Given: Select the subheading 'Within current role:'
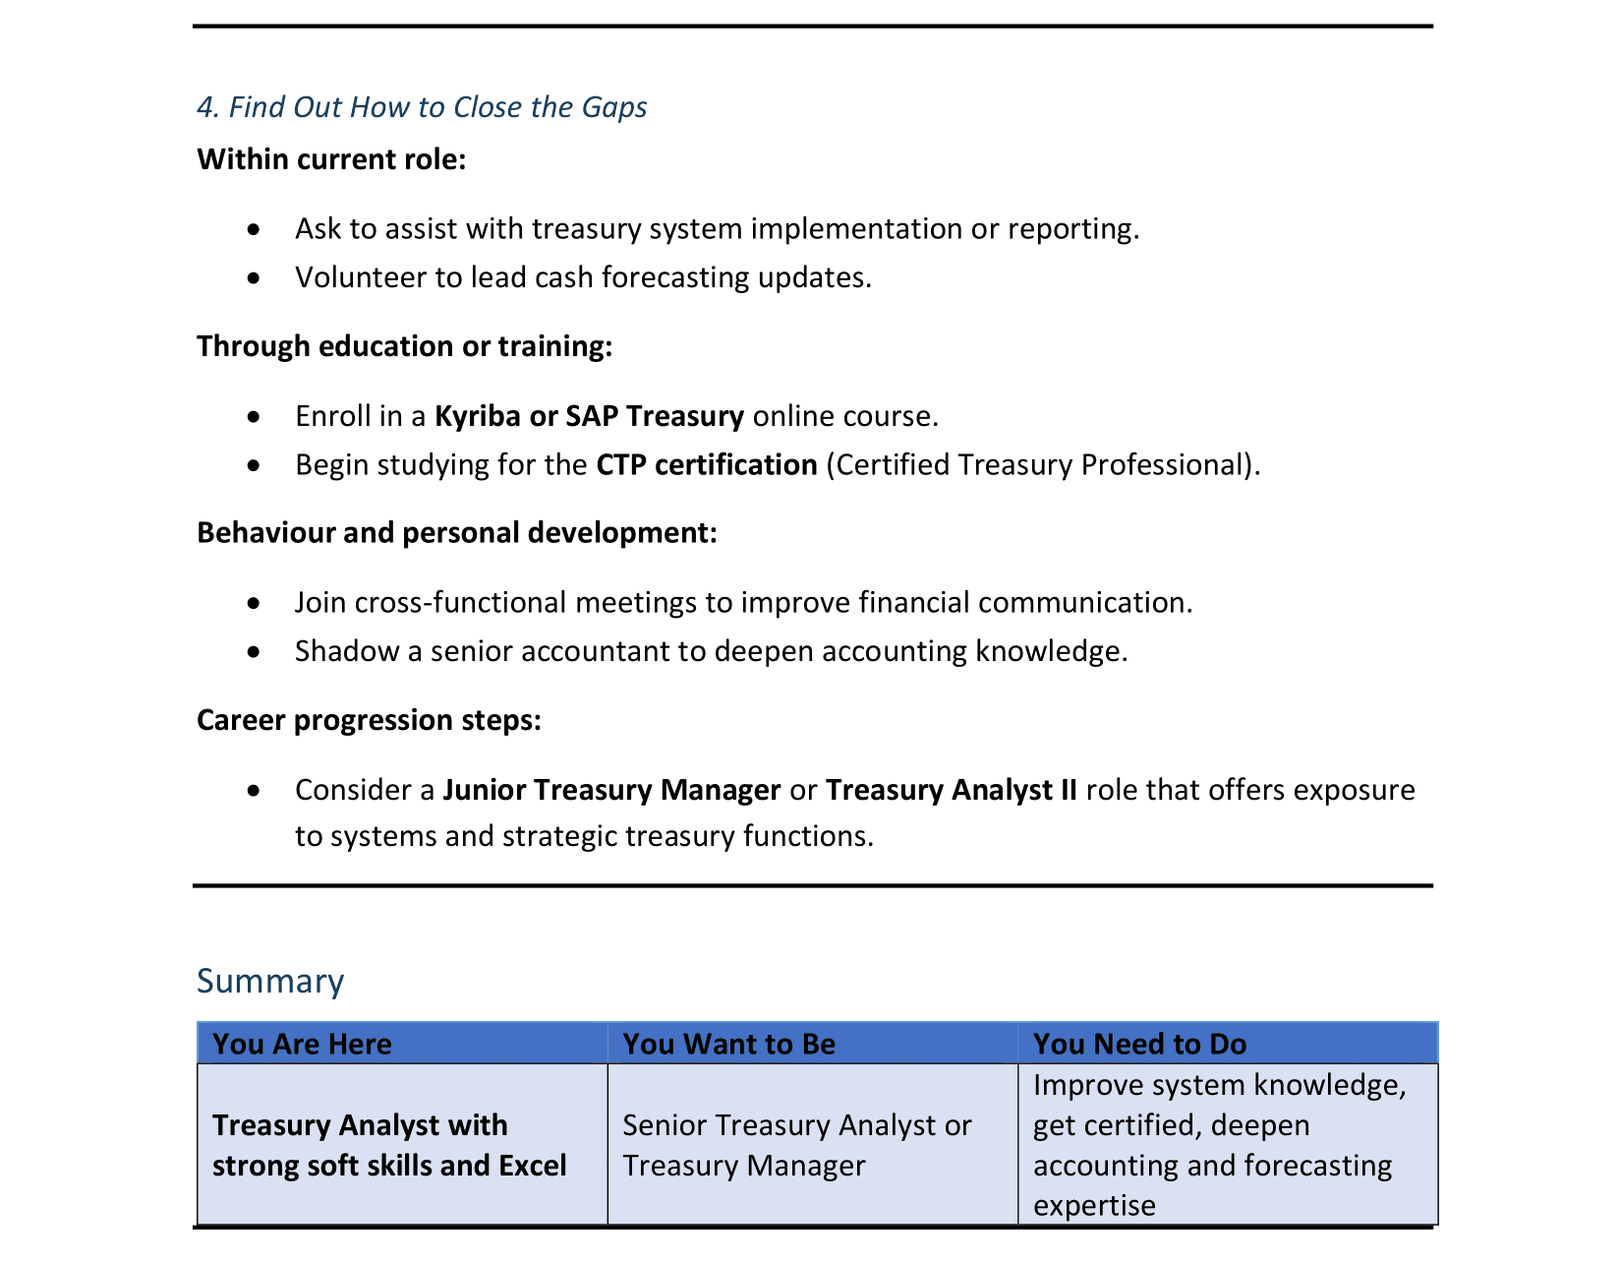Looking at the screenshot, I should (x=331, y=159).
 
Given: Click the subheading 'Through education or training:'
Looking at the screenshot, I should (x=404, y=346).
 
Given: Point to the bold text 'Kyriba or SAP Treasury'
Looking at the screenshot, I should (x=589, y=416).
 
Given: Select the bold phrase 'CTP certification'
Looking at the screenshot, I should (x=707, y=464).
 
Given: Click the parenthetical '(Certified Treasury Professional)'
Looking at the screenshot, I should (x=1043, y=464).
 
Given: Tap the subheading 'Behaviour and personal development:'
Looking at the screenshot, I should (x=457, y=533).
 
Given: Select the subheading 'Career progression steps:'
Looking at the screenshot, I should (x=369, y=720).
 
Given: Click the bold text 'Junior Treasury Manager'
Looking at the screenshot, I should (x=611, y=790).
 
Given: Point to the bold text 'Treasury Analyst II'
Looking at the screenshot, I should (x=952, y=790).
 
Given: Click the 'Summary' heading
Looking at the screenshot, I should (x=270, y=981).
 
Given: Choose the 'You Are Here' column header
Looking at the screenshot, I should (x=302, y=1044).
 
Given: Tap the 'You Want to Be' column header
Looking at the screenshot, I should (x=728, y=1044).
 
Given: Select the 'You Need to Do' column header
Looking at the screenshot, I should (x=1139, y=1044).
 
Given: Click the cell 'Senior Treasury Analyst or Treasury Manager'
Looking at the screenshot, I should (x=797, y=1145).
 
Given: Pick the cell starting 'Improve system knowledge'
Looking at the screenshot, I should (x=1219, y=1145).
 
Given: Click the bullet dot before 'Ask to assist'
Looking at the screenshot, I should (x=255, y=229).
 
